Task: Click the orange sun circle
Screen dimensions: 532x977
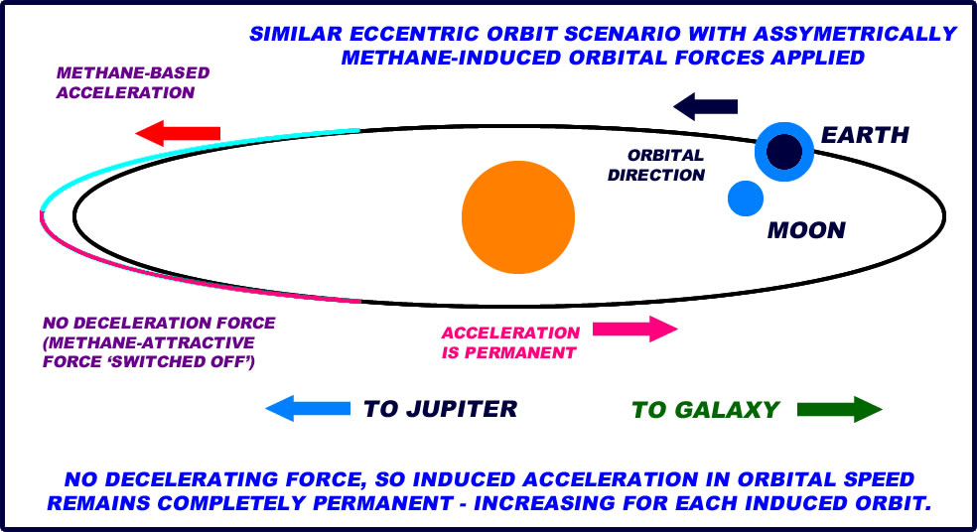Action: (518, 217)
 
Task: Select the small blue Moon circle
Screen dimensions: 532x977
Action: (745, 199)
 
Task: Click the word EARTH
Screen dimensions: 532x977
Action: (865, 135)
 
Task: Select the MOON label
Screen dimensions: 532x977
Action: (806, 231)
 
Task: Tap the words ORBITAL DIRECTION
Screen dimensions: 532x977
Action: (665, 165)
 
